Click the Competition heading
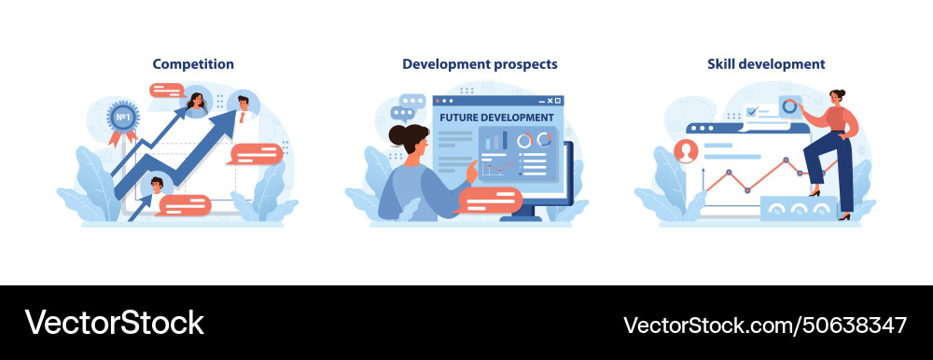193,64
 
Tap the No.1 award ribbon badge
121,118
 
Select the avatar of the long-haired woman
197,101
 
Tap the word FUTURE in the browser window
464,118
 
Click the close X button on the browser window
558,100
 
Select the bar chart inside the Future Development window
493,141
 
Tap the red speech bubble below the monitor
491,200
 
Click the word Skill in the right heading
724,64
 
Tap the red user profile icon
688,150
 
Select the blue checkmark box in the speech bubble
752,112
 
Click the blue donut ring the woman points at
789,106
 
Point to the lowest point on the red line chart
746,189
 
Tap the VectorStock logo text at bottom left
114,323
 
